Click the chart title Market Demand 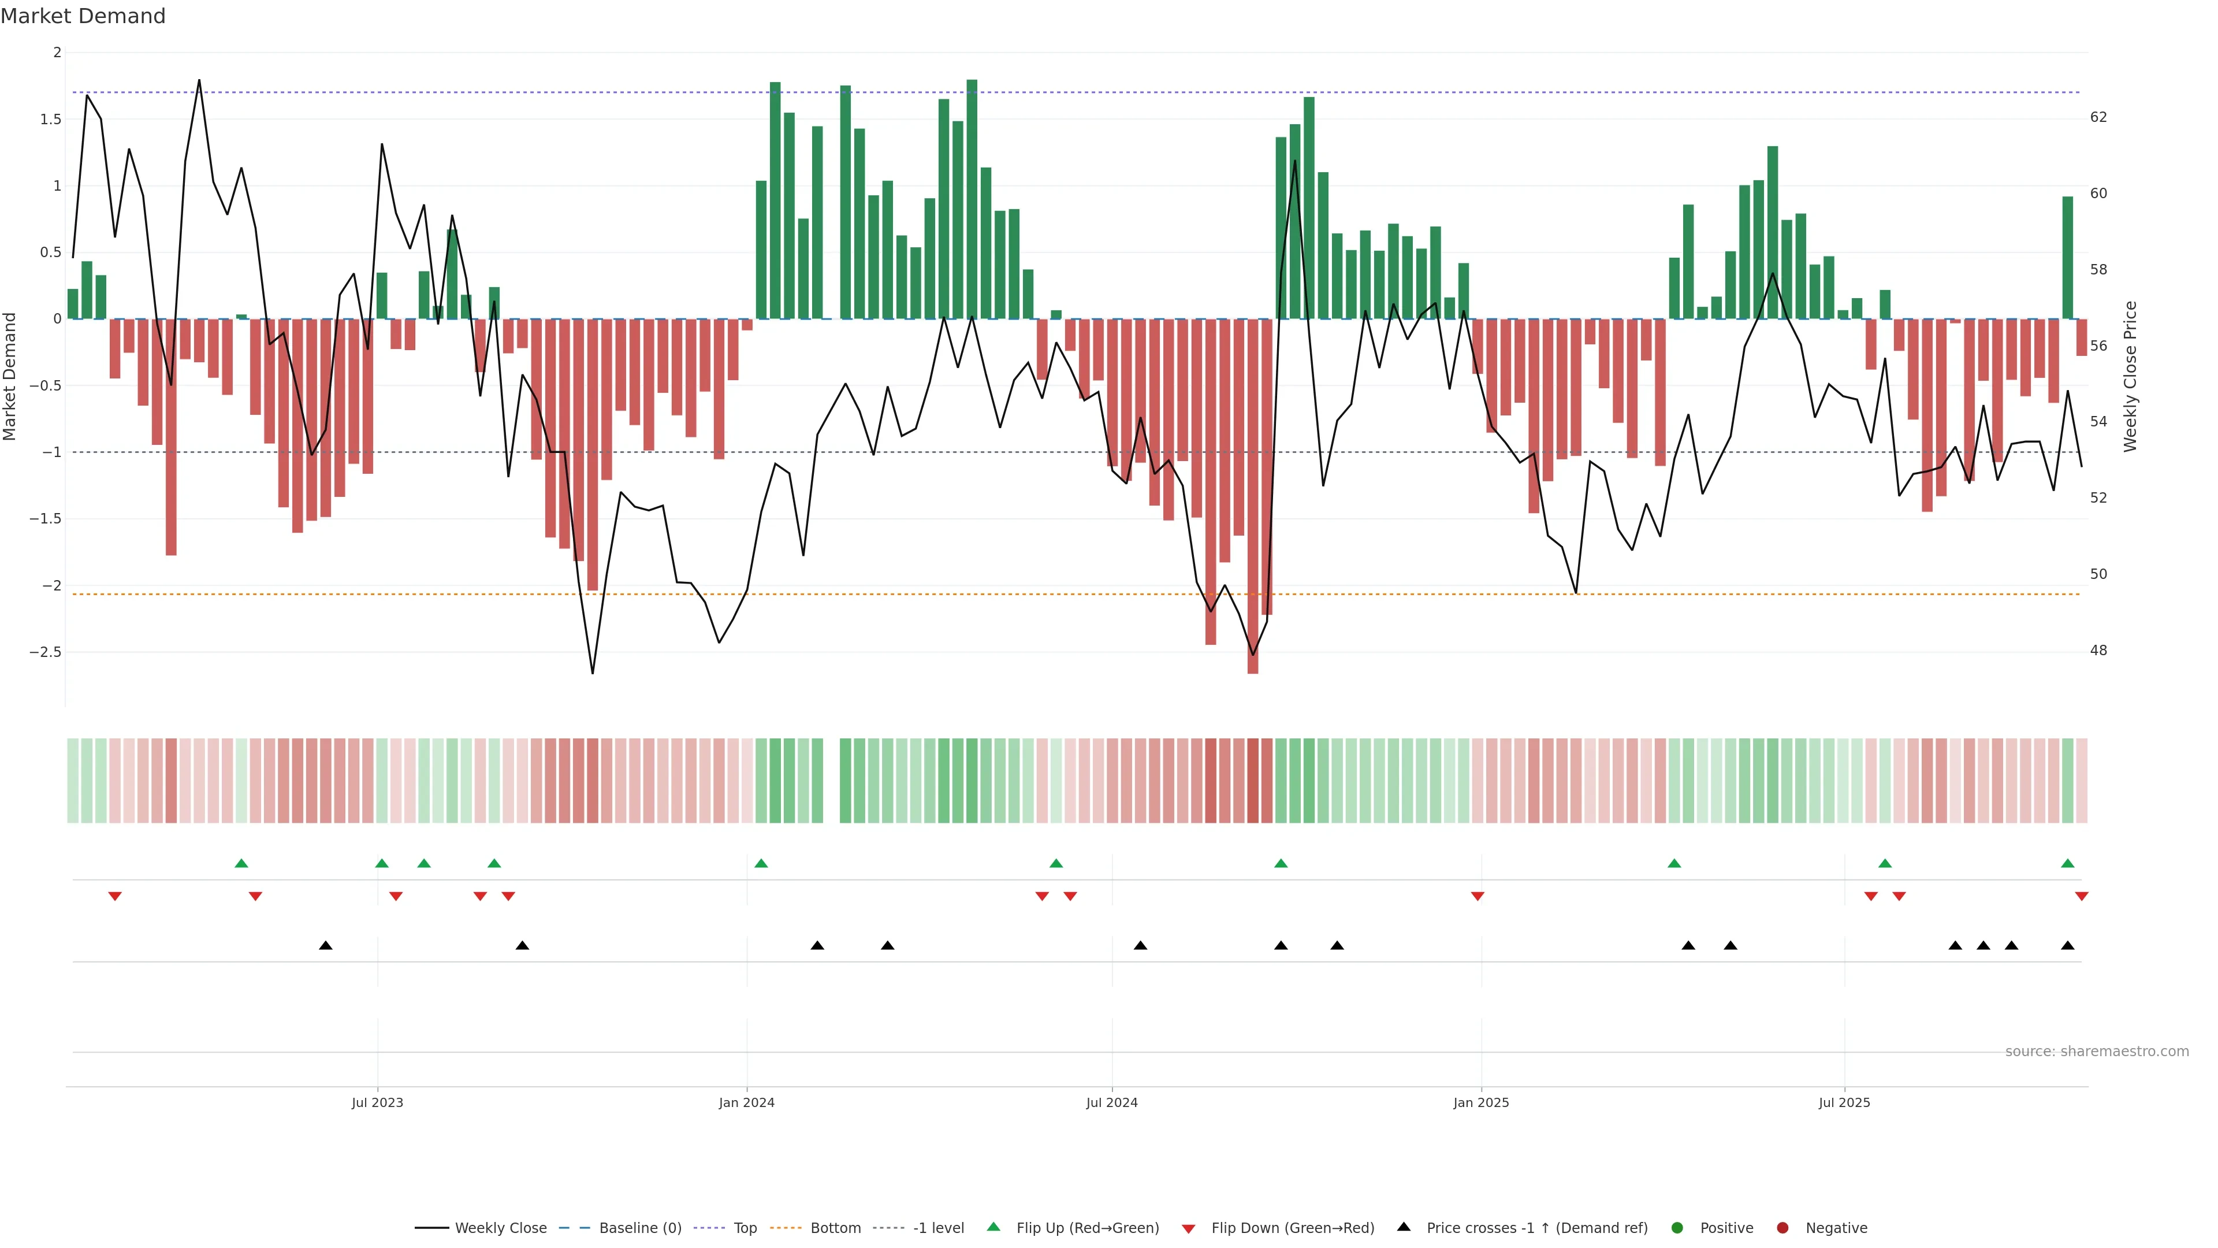(x=83, y=16)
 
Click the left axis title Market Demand (x=9, y=376)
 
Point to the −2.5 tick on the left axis (x=45, y=652)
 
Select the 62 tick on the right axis (x=2099, y=117)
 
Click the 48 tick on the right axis (x=2099, y=650)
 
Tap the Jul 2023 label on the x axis (x=377, y=1102)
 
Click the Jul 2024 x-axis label (x=1111, y=1102)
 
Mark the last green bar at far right (x=2067, y=258)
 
